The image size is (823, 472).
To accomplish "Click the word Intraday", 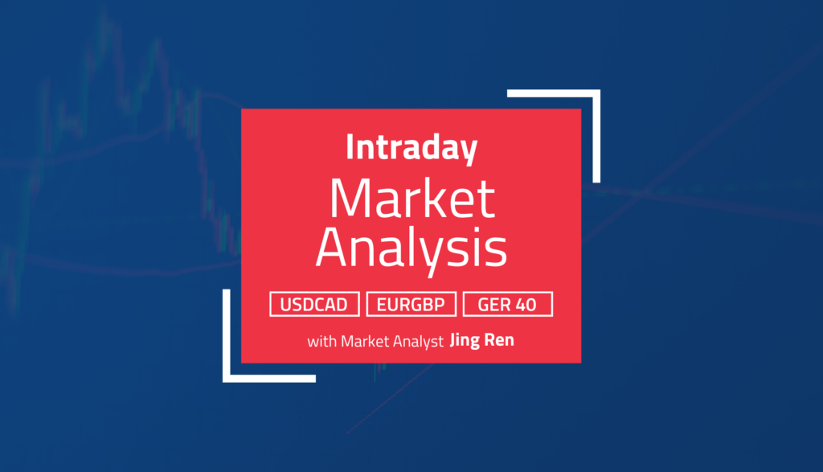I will click(x=411, y=150).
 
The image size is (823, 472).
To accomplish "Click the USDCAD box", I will click(x=314, y=305).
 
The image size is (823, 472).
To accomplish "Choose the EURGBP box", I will click(x=411, y=305).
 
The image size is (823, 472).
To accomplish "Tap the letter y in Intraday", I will click(x=469, y=153).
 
